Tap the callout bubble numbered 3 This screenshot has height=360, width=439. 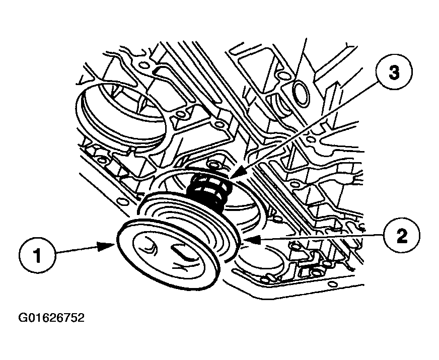pos(394,73)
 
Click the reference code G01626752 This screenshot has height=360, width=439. pos(51,318)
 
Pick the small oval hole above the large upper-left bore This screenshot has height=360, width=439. pos(143,66)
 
